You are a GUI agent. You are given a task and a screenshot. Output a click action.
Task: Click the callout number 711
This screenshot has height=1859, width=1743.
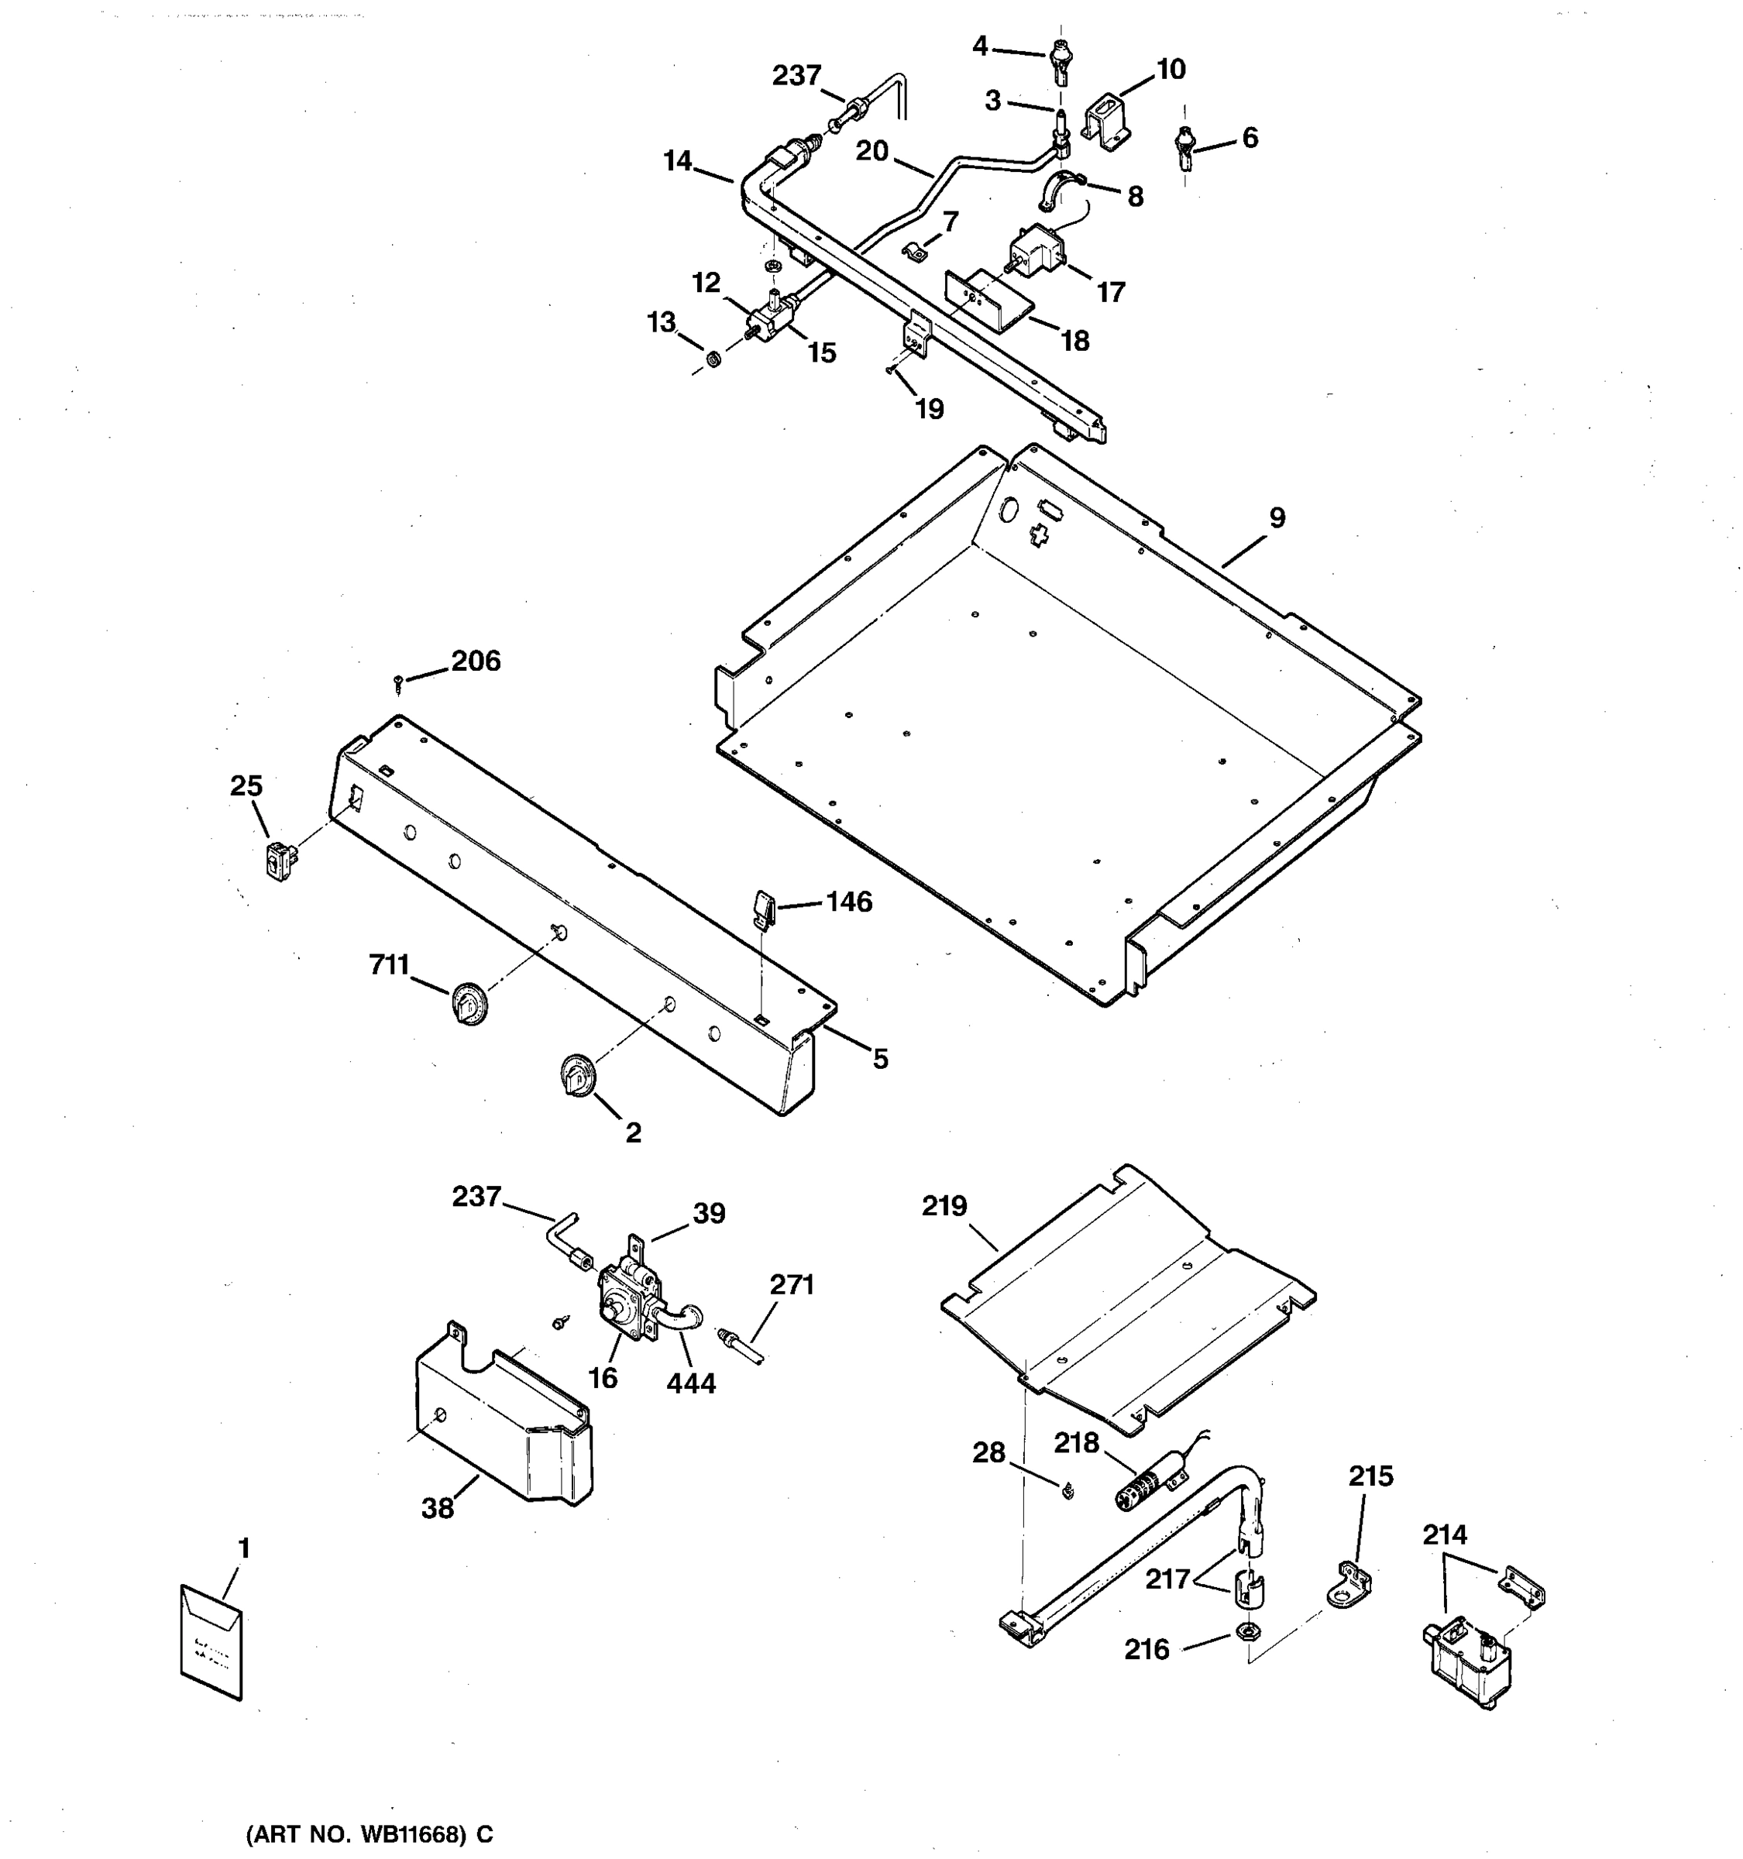click(x=389, y=964)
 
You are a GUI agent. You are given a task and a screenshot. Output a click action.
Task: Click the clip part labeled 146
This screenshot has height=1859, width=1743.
click(x=762, y=908)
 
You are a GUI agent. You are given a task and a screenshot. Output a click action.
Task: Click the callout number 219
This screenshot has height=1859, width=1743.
click(x=944, y=1205)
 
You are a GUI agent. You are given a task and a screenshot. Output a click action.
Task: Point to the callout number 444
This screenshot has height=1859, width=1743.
click(x=691, y=1383)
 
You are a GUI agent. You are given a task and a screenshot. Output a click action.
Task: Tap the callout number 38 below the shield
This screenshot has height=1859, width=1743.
click(x=438, y=1508)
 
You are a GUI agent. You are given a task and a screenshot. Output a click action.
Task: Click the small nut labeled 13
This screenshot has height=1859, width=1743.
click(x=713, y=358)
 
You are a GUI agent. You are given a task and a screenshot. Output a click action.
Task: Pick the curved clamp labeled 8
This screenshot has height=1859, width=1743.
click(x=1060, y=190)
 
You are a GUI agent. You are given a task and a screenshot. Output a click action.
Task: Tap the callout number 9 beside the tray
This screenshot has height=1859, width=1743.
click(x=1277, y=517)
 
